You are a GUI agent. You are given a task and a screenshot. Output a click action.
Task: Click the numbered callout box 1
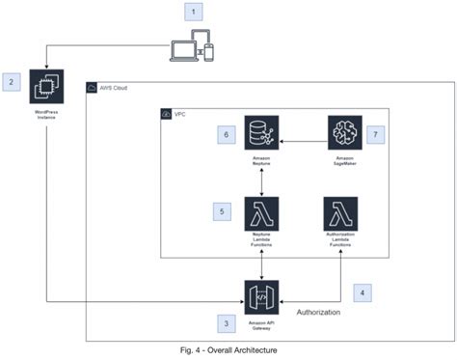[x=196, y=13]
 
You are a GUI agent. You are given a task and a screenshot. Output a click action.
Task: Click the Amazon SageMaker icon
[x=344, y=131]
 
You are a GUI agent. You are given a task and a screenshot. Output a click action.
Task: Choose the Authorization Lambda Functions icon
[x=340, y=213]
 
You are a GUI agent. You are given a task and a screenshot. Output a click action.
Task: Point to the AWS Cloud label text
[x=113, y=89]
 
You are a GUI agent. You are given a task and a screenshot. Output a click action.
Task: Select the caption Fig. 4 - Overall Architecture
[x=223, y=348]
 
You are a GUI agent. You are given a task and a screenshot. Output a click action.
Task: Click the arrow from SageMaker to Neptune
[x=300, y=131]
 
